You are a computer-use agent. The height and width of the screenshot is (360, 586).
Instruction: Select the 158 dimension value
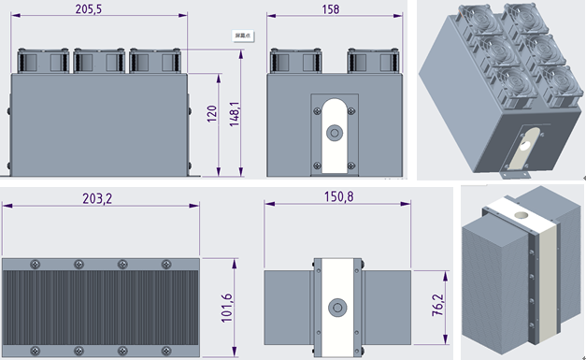coord(332,8)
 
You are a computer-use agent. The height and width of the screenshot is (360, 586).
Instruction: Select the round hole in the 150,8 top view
coord(336,306)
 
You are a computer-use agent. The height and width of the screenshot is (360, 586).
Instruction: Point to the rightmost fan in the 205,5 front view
coord(154,61)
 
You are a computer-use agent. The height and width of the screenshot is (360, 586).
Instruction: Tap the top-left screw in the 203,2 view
coord(36,263)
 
